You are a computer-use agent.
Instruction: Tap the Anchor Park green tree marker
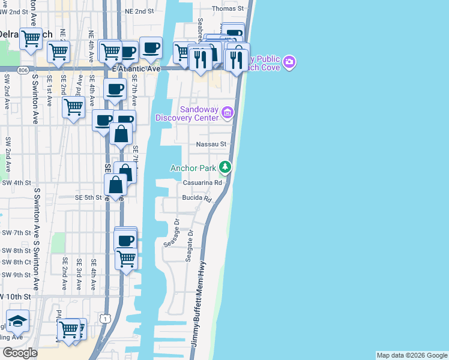pyautogui.click(x=225, y=167)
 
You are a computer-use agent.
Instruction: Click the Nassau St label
pyautogui.click(x=211, y=144)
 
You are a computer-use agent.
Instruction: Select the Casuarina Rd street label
pyautogui.click(x=207, y=183)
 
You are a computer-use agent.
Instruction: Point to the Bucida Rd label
pyautogui.click(x=198, y=197)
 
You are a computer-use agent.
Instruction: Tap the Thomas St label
pyautogui.click(x=228, y=9)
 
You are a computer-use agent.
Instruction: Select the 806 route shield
pyautogui.click(x=23, y=70)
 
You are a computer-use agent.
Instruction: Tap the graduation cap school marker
pyautogui.click(x=17, y=321)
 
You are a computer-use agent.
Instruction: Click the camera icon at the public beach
pyautogui.click(x=289, y=62)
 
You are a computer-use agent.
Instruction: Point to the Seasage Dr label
pyautogui.click(x=172, y=232)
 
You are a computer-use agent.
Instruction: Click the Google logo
pyautogui.click(x=20, y=353)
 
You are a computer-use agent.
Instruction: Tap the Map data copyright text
pyautogui.click(x=411, y=355)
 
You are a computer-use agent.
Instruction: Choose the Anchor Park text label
pyautogui.click(x=193, y=168)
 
